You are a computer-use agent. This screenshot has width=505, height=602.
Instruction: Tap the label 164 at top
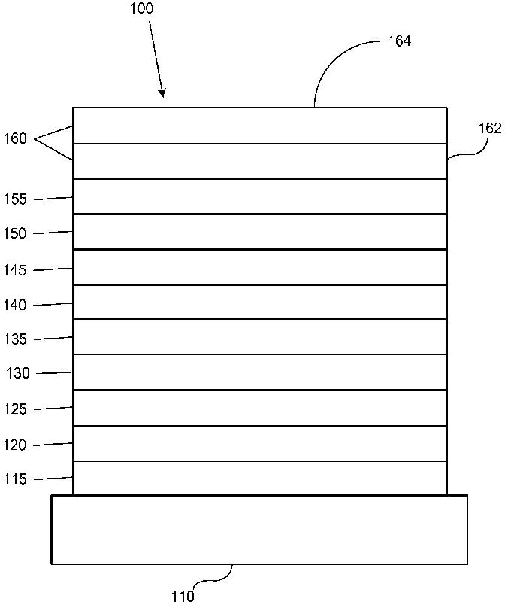(x=399, y=41)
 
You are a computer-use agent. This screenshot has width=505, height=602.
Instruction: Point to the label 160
(x=15, y=138)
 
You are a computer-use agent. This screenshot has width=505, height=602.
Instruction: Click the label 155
(x=15, y=199)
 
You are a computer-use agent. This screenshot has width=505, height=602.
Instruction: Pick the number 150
(x=15, y=234)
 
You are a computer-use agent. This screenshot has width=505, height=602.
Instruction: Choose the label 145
(x=15, y=269)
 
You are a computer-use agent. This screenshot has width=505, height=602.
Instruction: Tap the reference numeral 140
(x=15, y=305)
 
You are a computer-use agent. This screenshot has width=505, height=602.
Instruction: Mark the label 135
(x=15, y=339)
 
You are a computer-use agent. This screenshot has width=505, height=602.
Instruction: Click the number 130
(x=18, y=374)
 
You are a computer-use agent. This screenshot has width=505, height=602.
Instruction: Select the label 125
(x=15, y=409)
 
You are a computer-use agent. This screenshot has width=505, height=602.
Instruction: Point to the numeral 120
(x=15, y=445)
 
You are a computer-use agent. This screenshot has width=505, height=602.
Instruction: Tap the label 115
(x=15, y=479)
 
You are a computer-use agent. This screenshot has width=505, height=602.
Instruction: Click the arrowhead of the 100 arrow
(x=162, y=95)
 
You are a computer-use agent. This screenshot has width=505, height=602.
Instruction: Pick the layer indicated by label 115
(x=259, y=478)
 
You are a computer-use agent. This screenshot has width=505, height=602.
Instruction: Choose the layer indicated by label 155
(x=259, y=196)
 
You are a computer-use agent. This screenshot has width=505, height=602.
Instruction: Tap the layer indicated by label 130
(x=259, y=372)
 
